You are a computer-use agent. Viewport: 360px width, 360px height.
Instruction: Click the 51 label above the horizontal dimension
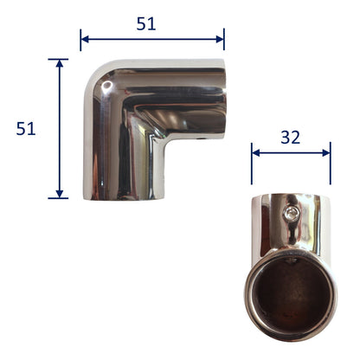click(146, 23)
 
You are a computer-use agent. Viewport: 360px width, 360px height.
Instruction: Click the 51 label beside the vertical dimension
click(26, 128)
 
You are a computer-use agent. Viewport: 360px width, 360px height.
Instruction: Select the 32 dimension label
click(291, 138)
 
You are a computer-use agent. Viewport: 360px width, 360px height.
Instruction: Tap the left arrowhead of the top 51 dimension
click(85, 39)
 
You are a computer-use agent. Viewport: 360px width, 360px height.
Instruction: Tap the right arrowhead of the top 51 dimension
click(220, 39)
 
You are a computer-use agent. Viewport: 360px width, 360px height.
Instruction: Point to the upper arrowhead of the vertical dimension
click(60, 63)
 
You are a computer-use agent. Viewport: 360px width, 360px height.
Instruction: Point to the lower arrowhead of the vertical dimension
click(60, 194)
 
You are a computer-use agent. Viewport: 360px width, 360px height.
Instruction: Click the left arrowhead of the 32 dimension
click(256, 153)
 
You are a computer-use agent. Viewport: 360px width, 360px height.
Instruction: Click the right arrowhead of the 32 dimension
click(326, 153)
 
